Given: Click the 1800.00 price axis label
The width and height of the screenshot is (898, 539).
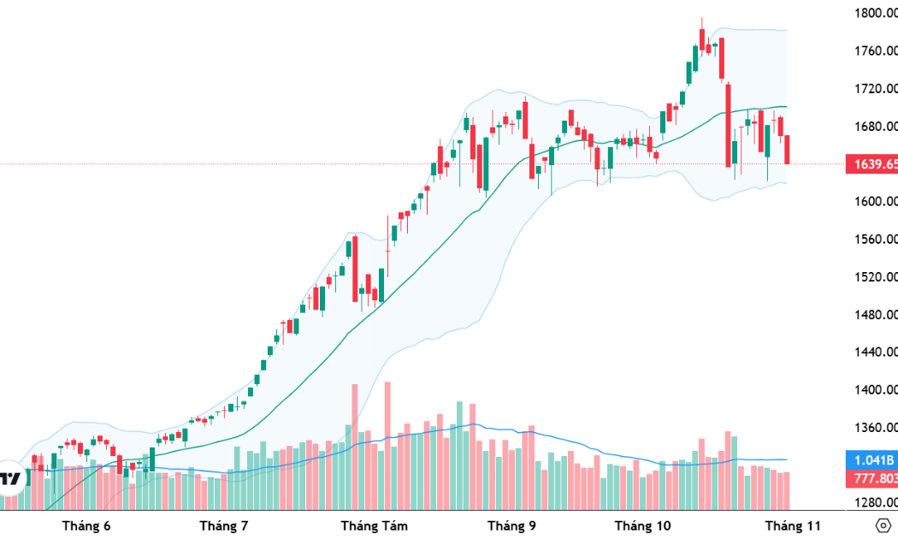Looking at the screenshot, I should click(x=875, y=13).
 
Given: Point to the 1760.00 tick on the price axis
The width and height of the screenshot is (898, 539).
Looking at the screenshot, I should click(x=875, y=50).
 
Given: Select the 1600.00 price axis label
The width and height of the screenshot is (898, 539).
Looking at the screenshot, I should click(x=875, y=201).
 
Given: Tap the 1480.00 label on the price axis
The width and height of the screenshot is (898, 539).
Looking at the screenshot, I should click(x=875, y=314).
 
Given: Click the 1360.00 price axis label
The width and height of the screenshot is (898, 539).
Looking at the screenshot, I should click(x=875, y=427).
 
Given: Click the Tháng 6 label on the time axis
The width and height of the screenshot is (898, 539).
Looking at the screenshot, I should click(x=86, y=525).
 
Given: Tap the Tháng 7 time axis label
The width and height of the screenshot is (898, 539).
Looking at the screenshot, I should click(x=223, y=525).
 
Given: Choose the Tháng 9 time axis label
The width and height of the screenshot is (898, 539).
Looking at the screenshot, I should click(x=511, y=525).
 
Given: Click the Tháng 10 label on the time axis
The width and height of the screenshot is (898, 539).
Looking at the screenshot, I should click(x=643, y=525).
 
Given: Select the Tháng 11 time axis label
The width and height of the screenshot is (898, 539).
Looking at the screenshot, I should click(x=793, y=525).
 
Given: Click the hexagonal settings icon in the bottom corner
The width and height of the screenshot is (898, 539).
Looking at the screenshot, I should click(x=883, y=525).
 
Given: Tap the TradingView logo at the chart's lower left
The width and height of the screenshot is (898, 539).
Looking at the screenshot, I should click(x=10, y=478).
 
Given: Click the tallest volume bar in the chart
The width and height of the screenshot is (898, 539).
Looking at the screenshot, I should click(x=387, y=445).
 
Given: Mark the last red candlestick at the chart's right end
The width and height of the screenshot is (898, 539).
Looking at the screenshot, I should click(x=787, y=149).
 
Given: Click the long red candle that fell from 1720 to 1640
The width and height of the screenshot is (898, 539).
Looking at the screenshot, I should click(x=728, y=124).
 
